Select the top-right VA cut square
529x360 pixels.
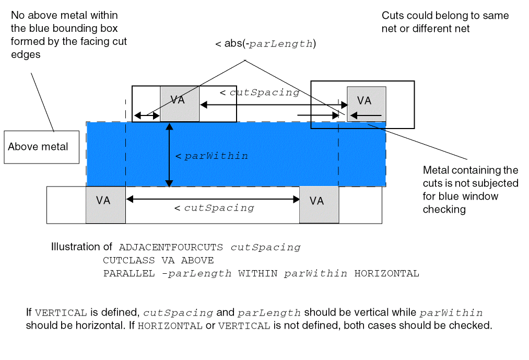click(366, 104)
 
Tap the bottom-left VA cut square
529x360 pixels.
click(105, 204)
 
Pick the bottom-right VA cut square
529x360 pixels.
click(319, 204)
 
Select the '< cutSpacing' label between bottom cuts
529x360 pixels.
click(214, 208)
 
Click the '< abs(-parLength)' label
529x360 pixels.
click(266, 44)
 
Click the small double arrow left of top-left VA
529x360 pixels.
click(147, 115)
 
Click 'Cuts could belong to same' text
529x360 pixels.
click(445, 16)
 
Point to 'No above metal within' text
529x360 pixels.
click(64, 15)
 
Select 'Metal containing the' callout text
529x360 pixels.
click(470, 170)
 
